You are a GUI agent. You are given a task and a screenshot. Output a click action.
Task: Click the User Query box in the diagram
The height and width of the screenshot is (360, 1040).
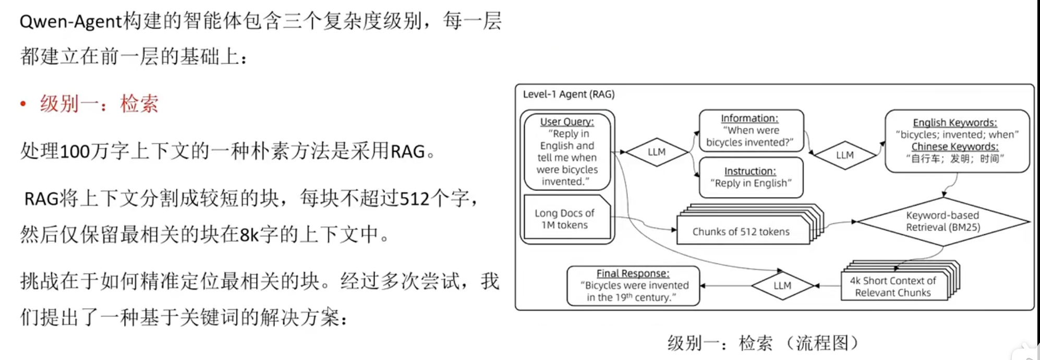[x=567, y=151]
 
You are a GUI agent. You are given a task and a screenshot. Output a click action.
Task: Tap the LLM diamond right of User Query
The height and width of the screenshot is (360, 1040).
[x=656, y=152]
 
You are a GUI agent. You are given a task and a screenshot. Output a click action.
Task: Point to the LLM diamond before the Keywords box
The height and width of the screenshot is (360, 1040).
[x=844, y=155]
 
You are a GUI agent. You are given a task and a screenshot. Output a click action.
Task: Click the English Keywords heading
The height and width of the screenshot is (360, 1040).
[x=954, y=123]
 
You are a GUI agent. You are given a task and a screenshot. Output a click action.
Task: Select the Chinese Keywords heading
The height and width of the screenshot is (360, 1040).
[x=954, y=147]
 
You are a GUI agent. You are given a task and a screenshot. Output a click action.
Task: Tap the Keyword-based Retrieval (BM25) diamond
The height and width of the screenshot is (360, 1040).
[x=942, y=221]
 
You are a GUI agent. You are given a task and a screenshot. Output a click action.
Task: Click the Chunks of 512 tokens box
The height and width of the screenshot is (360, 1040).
[x=741, y=232]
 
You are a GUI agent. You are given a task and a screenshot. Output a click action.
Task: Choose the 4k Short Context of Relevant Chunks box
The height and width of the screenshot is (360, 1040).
[x=893, y=287]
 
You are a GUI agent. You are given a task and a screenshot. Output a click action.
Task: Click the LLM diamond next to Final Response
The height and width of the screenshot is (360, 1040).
[x=782, y=285]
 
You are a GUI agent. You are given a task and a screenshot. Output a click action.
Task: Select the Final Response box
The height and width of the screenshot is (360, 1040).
[x=633, y=285]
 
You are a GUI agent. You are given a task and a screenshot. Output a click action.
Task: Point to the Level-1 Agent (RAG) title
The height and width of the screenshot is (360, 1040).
[x=569, y=94]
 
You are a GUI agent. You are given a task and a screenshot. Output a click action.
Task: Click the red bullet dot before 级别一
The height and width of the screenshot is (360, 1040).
[x=23, y=104]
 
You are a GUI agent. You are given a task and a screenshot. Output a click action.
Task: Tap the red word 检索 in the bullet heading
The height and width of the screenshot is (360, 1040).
[x=139, y=104]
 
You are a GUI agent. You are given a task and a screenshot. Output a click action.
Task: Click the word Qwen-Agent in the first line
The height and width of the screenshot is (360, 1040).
[x=70, y=22]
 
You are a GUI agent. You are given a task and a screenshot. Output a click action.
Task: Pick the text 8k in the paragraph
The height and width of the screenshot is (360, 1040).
[x=249, y=235]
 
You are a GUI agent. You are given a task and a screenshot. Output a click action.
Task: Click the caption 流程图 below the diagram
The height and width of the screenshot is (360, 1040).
[x=823, y=343]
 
